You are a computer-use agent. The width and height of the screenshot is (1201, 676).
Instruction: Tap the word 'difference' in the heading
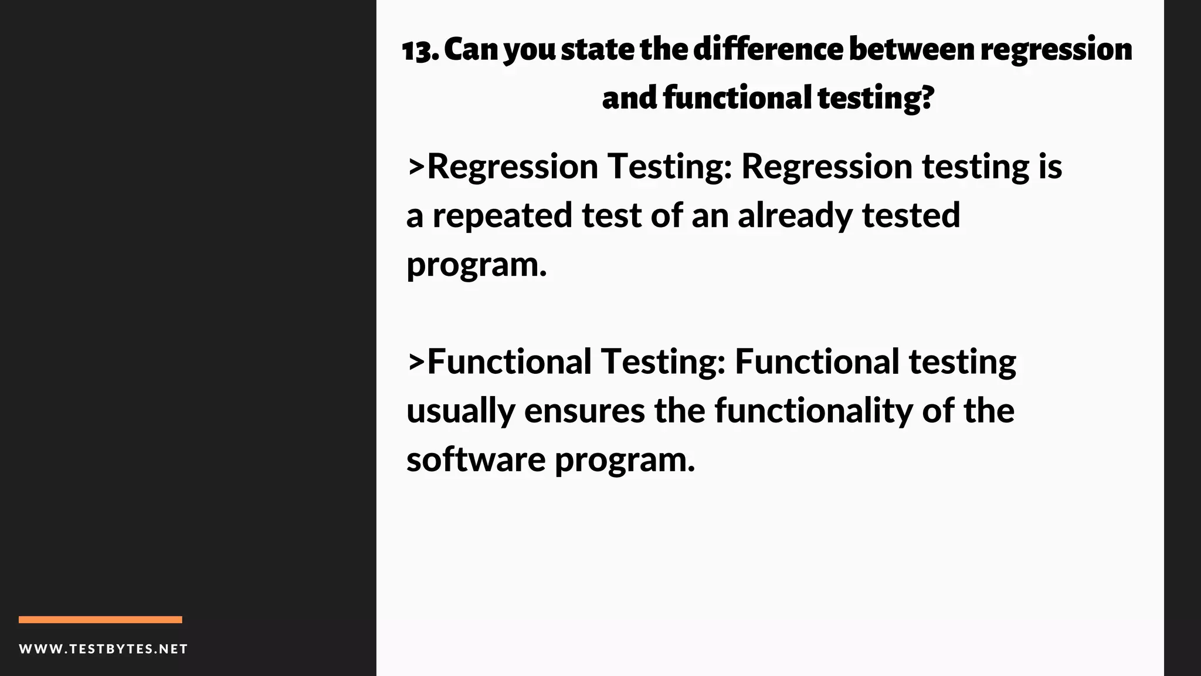pos(769,49)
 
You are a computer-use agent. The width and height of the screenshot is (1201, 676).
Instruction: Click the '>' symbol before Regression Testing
pos(416,167)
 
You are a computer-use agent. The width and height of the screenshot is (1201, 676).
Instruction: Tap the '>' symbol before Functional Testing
pos(416,362)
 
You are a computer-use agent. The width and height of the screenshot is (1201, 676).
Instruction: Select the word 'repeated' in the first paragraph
pos(502,216)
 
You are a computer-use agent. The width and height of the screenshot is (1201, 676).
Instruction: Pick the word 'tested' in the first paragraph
pos(911,216)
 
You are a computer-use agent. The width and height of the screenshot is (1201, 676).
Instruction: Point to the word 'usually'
pos(460,411)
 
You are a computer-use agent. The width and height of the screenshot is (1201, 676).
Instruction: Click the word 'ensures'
pos(585,411)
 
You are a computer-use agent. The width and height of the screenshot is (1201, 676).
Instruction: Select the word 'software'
pos(476,459)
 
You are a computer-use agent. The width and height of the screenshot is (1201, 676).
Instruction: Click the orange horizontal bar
pos(100,620)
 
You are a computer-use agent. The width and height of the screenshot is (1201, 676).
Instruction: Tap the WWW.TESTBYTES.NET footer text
pos(103,649)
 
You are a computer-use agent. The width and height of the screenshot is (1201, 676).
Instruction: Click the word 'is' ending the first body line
pos(1050,167)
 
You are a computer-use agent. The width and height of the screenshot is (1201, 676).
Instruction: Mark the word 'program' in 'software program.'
pos(624,461)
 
